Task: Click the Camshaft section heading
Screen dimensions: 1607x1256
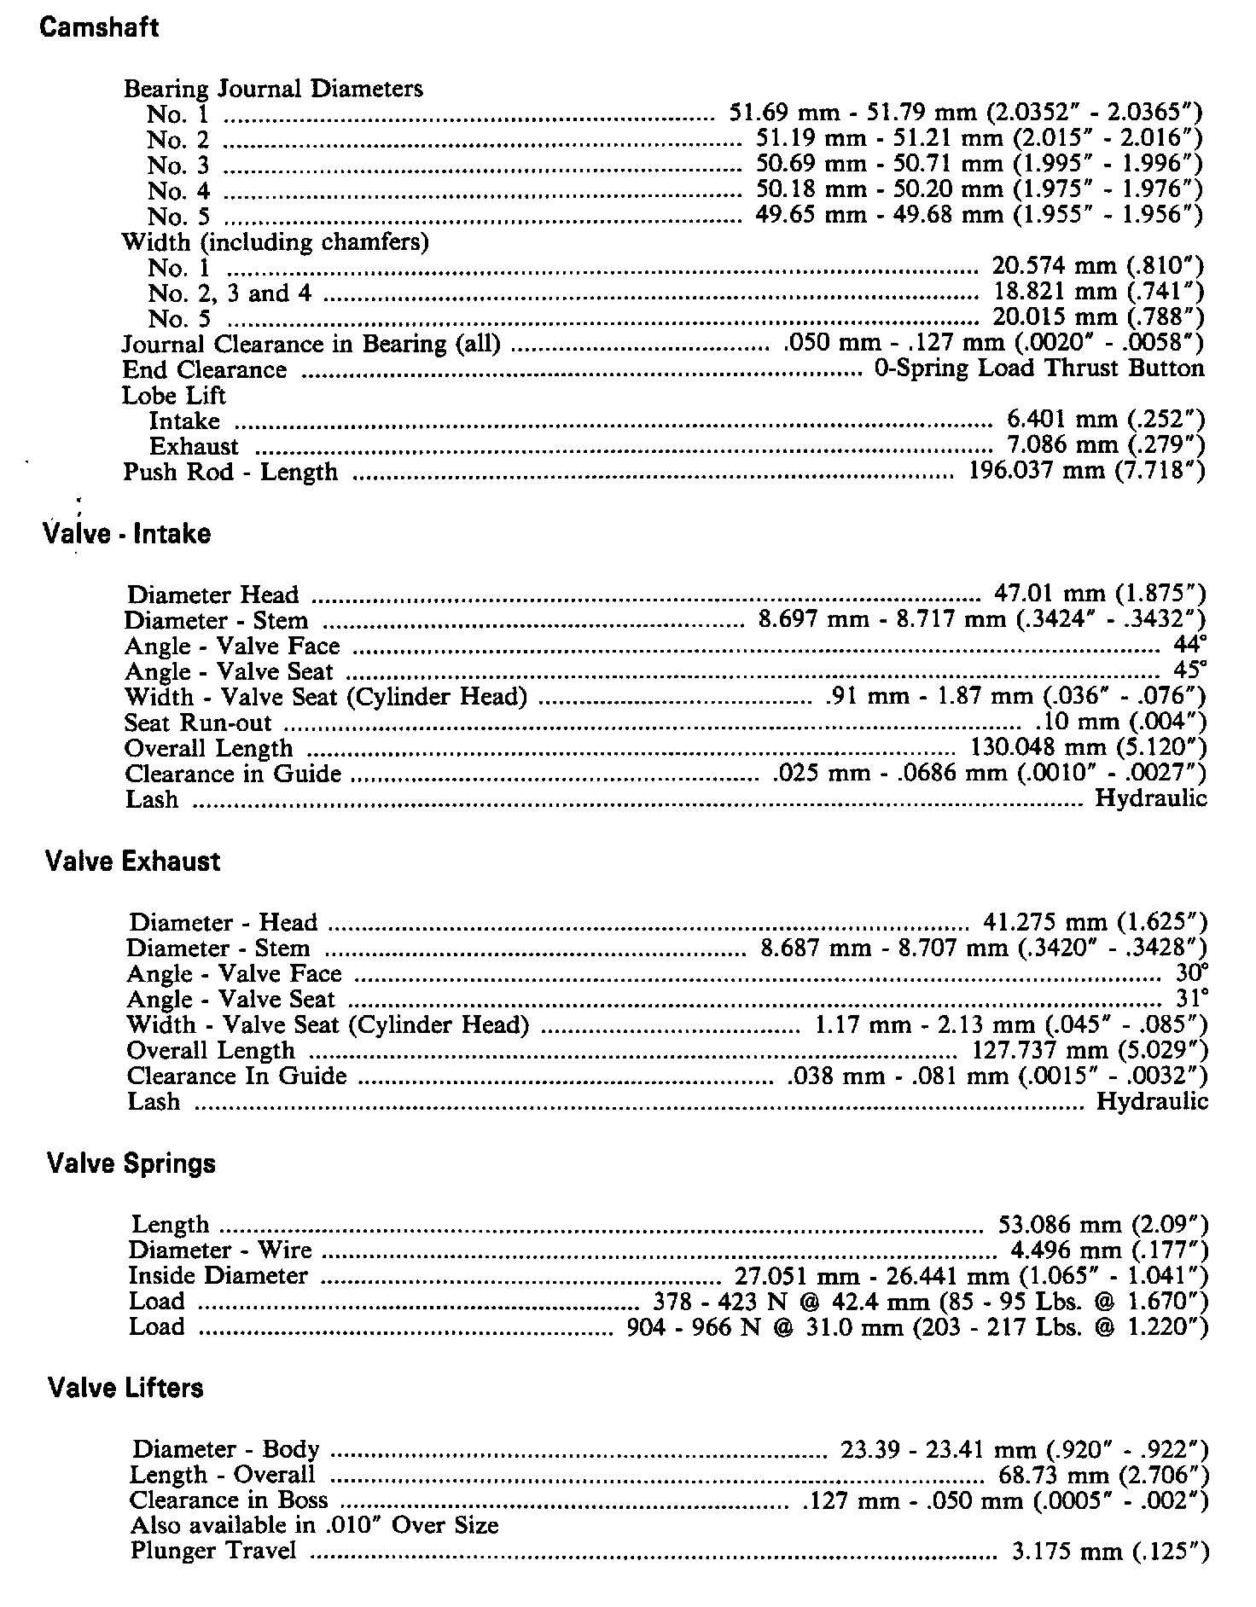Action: tap(99, 27)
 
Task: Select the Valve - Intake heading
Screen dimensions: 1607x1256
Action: tap(126, 534)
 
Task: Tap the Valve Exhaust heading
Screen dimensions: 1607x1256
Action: tap(132, 862)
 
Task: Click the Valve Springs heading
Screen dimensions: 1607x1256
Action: tap(131, 1163)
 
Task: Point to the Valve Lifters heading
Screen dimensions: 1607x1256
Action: tap(125, 1388)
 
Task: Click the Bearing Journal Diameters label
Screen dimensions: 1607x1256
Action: tap(273, 89)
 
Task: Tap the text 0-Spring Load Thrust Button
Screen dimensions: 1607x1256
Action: tap(1039, 368)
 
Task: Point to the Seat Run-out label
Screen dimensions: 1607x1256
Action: tap(198, 722)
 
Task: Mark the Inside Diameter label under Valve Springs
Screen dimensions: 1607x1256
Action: tap(218, 1276)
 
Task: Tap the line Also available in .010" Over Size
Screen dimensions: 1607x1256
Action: tap(314, 1525)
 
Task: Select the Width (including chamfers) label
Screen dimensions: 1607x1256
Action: tap(275, 242)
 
